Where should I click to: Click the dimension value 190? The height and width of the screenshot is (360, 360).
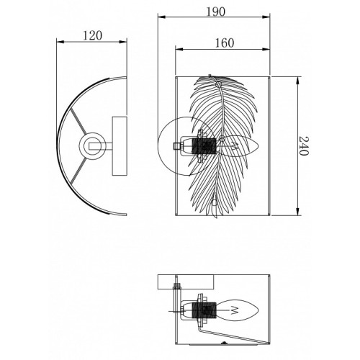point(216,12)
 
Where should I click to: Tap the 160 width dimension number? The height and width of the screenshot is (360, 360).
point(224,43)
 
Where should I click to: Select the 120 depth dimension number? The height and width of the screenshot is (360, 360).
point(92,36)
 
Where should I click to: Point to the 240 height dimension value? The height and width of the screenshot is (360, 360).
point(303,146)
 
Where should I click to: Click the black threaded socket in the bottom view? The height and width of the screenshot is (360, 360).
point(204,310)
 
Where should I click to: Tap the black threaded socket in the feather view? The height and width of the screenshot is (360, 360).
point(204,146)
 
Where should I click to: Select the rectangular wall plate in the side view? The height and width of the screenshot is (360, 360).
point(120,146)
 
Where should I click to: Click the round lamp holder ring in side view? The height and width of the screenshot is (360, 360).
point(92,146)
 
